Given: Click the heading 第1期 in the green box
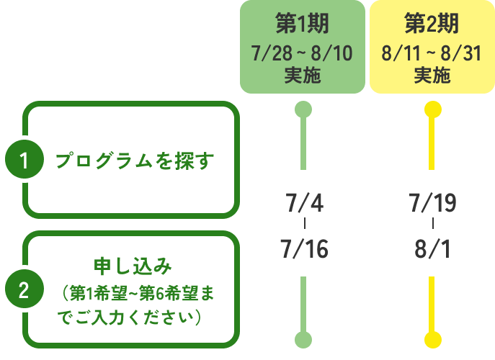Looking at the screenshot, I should pyautogui.click(x=303, y=24).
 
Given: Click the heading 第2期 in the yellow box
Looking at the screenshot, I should pyautogui.click(x=432, y=24).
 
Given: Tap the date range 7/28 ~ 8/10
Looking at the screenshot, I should pyautogui.click(x=303, y=54).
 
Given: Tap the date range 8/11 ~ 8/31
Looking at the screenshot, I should pyautogui.click(x=432, y=54).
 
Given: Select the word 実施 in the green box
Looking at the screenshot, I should pyautogui.click(x=303, y=75).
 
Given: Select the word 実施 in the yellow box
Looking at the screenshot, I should pyautogui.click(x=432, y=75).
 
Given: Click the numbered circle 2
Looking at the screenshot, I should pyautogui.click(x=24, y=291).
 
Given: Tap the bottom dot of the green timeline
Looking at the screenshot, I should pyautogui.click(x=303, y=339).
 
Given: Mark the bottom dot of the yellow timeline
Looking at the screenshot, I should pyautogui.click(x=432, y=339).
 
